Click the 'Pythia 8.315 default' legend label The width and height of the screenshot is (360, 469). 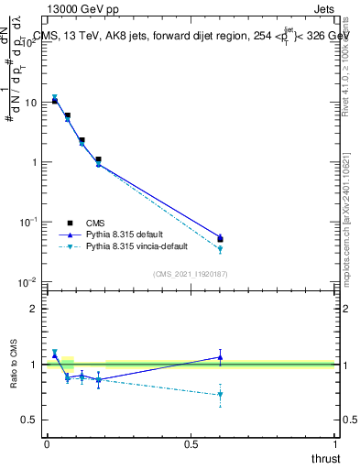coord(125,234)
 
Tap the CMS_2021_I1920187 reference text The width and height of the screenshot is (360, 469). coord(190,273)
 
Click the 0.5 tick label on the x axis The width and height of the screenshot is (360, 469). coord(191,443)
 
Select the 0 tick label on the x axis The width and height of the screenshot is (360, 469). coord(47,443)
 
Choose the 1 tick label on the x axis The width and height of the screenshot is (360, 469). coord(334,443)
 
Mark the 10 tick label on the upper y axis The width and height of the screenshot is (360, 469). coord(30,103)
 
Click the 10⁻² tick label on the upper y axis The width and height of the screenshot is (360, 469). coord(28,281)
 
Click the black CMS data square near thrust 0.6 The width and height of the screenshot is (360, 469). coord(220,240)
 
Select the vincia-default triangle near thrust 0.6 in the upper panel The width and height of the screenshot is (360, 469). coord(220,249)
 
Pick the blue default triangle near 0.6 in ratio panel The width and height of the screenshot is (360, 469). coord(220,356)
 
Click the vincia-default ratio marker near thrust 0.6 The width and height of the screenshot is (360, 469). coord(220,395)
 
